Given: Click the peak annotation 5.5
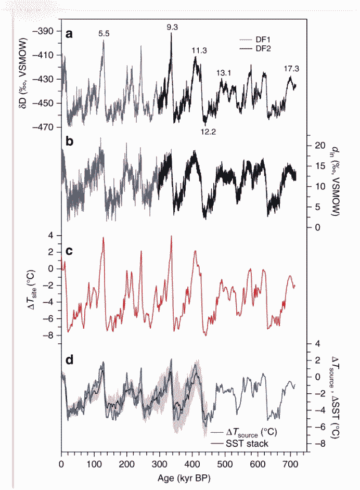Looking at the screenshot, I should pyautogui.click(x=104, y=34).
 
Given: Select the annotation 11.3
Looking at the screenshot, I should pyautogui.click(x=199, y=50).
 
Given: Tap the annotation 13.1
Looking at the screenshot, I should pyautogui.click(x=224, y=73).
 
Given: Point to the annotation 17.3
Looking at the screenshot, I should pyautogui.click(x=291, y=69).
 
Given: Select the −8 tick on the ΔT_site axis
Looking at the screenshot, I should pyautogui.click(x=50, y=335).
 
